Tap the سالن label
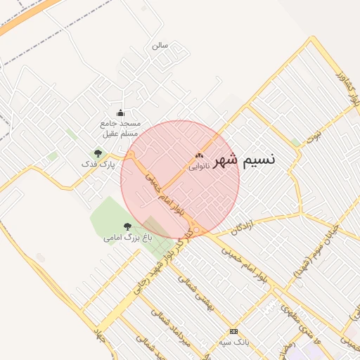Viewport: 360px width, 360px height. (x=160, y=45)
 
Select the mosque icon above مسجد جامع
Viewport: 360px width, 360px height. (x=120, y=113)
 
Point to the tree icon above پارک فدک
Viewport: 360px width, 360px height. (x=98, y=153)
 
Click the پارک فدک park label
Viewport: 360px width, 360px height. (x=98, y=164)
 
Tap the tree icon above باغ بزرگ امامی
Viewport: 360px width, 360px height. (x=127, y=226)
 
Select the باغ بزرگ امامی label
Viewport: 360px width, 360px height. (x=127, y=238)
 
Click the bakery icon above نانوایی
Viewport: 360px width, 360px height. (x=199, y=156)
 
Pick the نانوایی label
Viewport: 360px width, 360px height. (x=199, y=167)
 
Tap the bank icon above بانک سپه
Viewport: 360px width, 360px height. (x=234, y=331)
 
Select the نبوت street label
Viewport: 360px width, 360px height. (x=316, y=134)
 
